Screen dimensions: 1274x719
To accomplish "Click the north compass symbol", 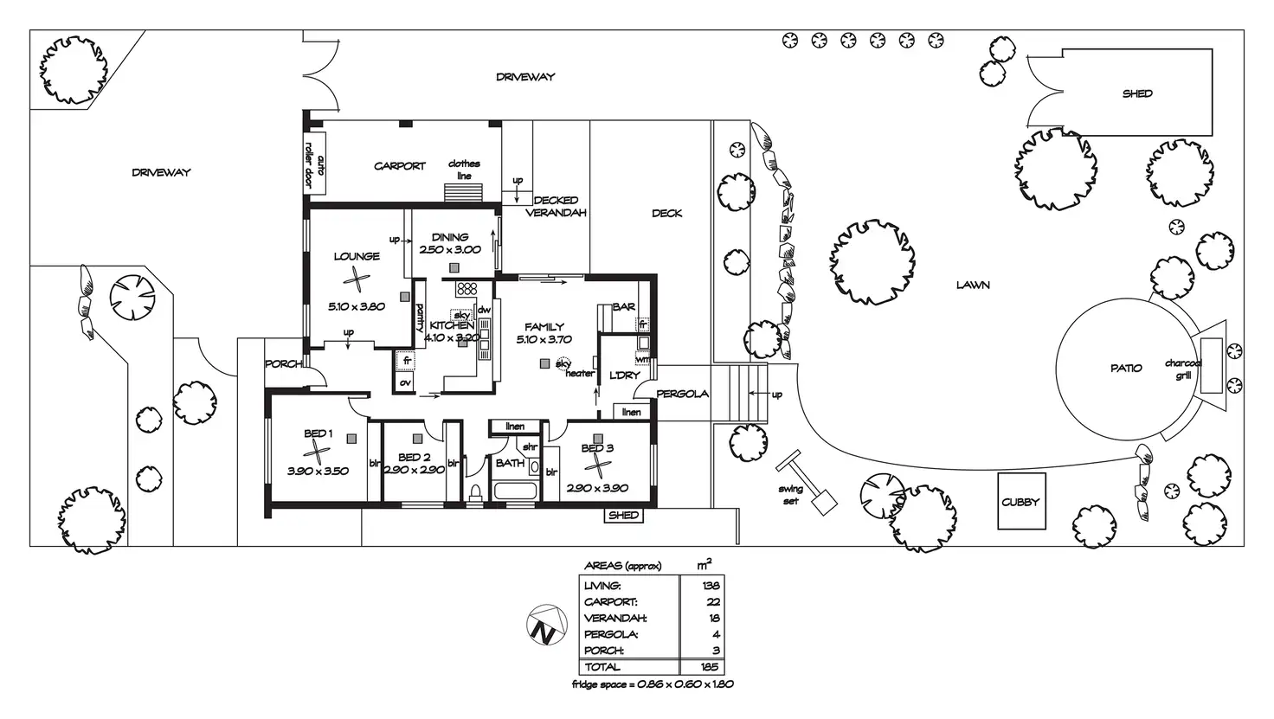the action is [547, 625].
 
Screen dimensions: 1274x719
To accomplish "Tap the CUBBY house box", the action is [1021, 501].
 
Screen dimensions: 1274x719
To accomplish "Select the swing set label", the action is [790, 495].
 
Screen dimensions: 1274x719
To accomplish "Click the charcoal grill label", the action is [1183, 369].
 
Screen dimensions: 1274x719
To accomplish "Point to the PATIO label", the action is [1126, 369].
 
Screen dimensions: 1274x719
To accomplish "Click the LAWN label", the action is [973, 286].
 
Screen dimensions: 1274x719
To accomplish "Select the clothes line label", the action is [464, 170].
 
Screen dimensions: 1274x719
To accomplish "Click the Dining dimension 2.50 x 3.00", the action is [450, 249].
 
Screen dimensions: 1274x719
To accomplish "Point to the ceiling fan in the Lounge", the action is [357, 279].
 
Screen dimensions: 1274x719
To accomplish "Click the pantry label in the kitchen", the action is [420, 318].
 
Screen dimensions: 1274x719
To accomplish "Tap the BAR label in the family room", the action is [624, 307].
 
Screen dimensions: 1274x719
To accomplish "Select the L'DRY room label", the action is [625, 376].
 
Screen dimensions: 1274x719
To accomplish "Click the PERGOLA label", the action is [683, 394].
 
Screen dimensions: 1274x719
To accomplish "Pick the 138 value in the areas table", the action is [711, 586].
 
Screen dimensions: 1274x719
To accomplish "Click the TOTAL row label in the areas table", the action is [602, 667].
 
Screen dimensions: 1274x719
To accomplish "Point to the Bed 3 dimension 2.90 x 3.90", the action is [597, 488].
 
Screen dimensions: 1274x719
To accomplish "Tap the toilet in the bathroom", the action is [475, 493].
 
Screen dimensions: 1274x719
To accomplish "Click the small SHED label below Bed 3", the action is [624, 516].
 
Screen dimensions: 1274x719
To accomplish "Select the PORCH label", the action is [283, 363].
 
